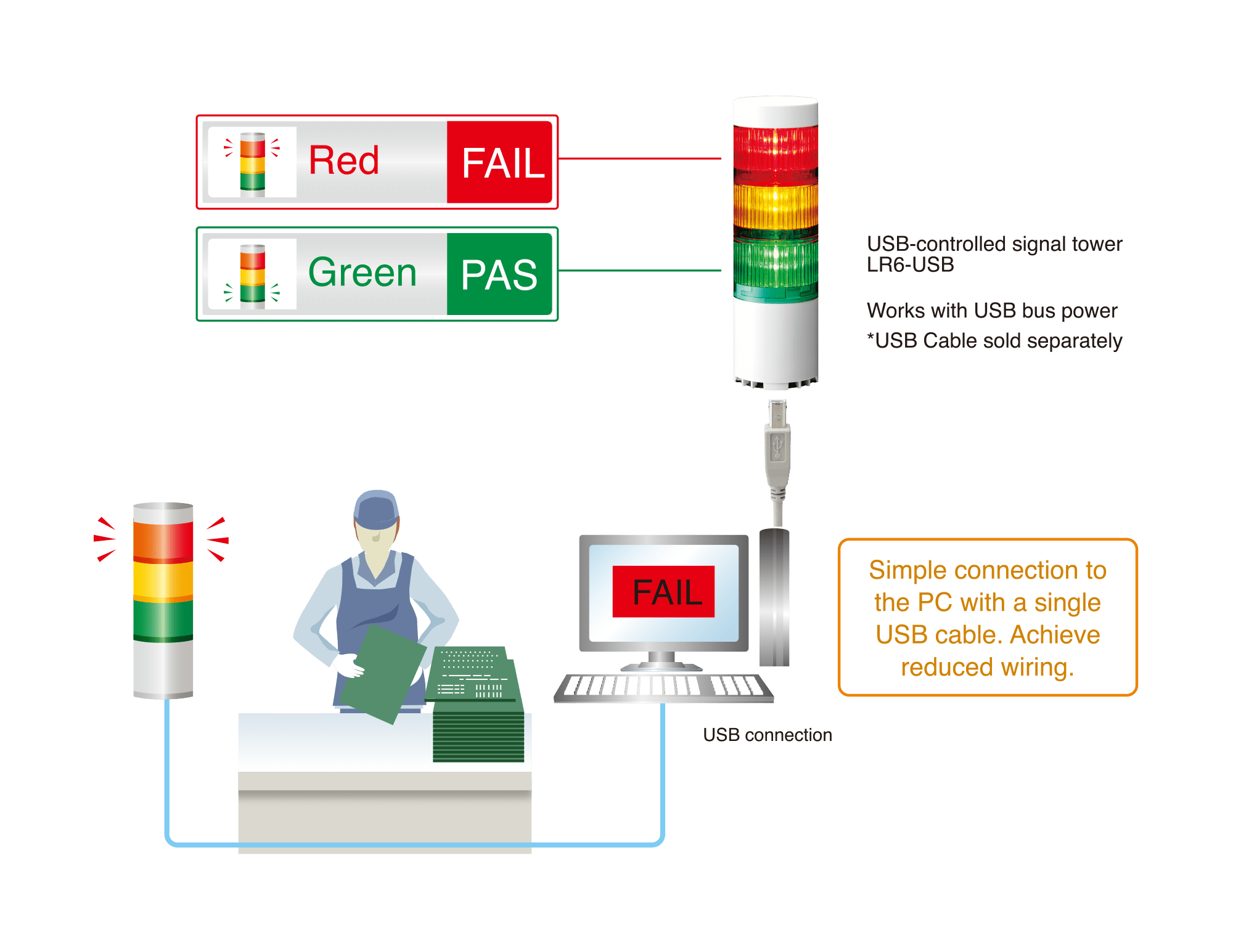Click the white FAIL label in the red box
(x=502, y=163)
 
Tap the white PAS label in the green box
(x=499, y=275)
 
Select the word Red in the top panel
(x=343, y=161)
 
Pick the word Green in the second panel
(x=363, y=272)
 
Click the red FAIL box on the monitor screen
(x=663, y=592)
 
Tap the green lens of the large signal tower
(x=776, y=263)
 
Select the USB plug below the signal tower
(x=777, y=444)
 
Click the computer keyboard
(x=663, y=687)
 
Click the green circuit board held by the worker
(x=382, y=672)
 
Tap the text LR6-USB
(x=910, y=265)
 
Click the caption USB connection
(x=768, y=735)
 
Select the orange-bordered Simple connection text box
(x=988, y=618)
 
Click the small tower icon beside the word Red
(x=252, y=163)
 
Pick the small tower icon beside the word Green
(x=252, y=275)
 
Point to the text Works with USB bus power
(x=991, y=311)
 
